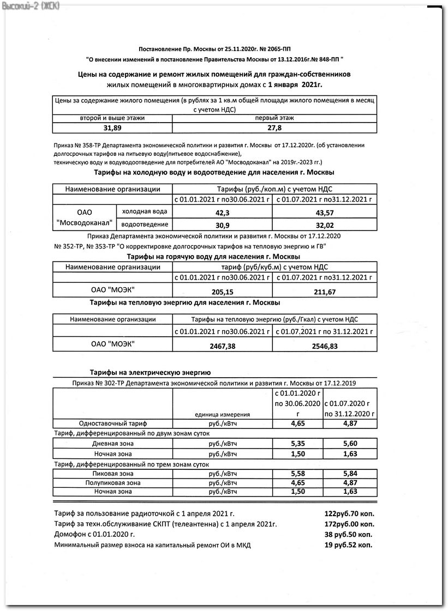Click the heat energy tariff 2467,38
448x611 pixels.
tap(223, 346)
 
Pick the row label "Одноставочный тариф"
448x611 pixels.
tap(113, 423)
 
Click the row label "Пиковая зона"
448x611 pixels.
tap(113, 474)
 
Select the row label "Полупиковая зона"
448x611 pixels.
tap(113, 482)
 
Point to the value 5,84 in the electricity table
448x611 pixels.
tap(349, 474)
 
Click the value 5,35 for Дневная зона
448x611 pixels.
tap(297, 444)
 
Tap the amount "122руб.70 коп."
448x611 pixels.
tap(349, 513)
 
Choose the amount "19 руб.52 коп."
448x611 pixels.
tap(348, 545)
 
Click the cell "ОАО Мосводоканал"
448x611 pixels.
tap(85, 218)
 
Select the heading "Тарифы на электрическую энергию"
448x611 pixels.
tap(150, 373)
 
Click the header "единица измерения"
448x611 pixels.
tap(222, 414)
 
